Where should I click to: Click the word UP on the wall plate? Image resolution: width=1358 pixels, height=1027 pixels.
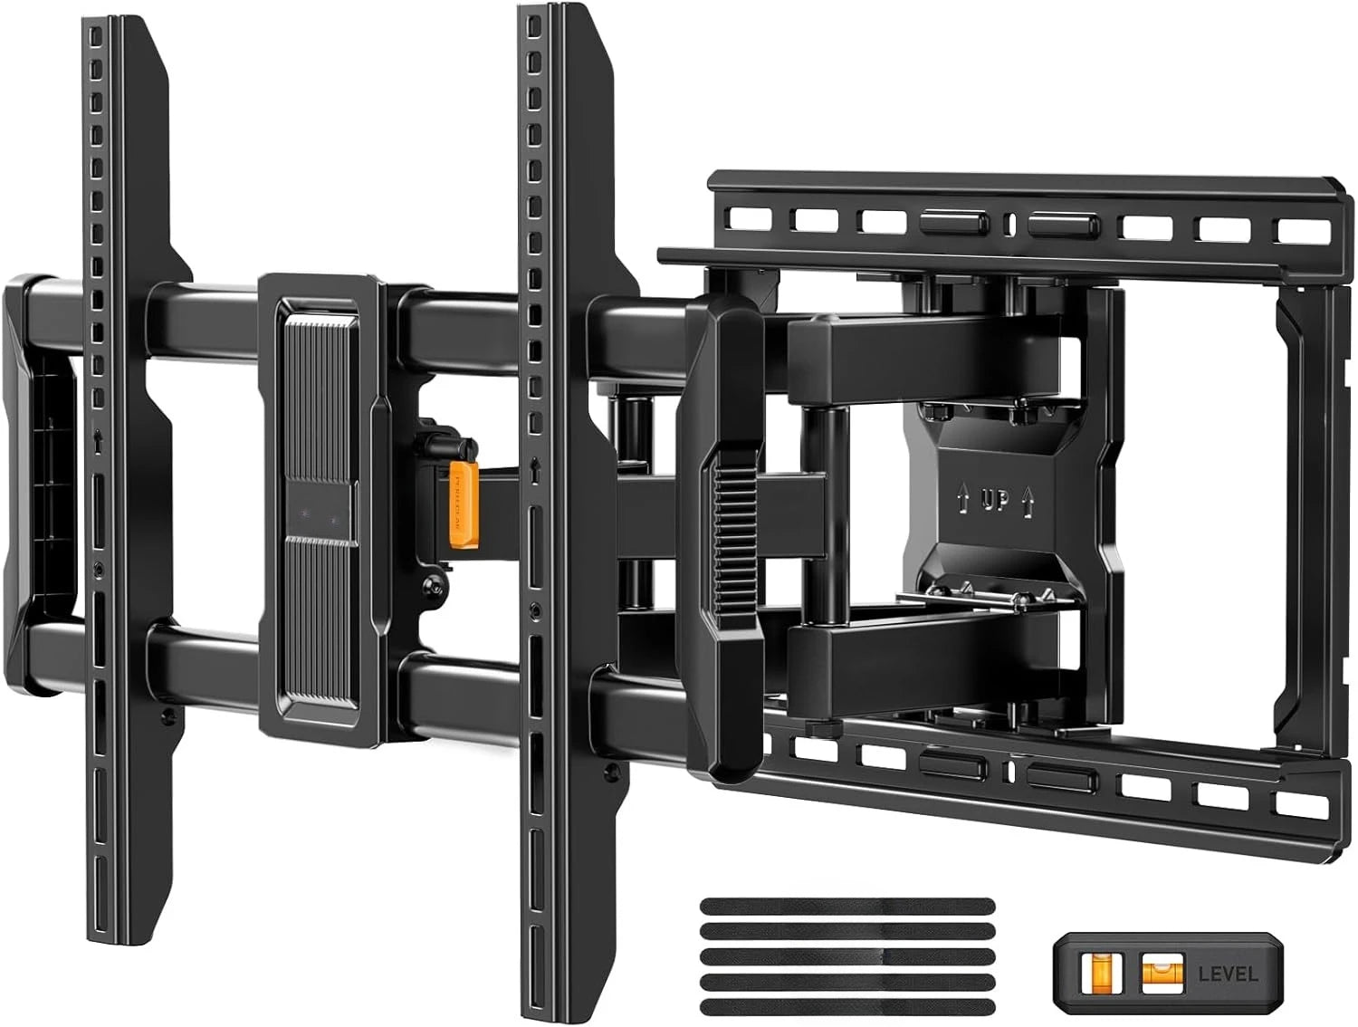coord(995,500)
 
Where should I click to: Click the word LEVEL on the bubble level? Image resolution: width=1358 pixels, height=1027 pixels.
coord(1228,974)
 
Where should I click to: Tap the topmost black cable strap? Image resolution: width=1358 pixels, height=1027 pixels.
coord(847,906)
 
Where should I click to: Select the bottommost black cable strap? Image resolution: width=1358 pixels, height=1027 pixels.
coord(847,1006)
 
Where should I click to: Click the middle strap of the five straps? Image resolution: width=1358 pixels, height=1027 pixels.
coord(847,956)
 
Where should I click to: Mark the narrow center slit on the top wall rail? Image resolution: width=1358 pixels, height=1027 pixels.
coord(1009,223)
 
